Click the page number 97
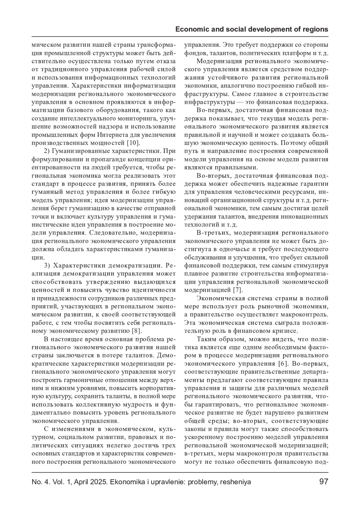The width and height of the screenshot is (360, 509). point(324,482)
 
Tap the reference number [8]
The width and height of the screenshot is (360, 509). point(136,331)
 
